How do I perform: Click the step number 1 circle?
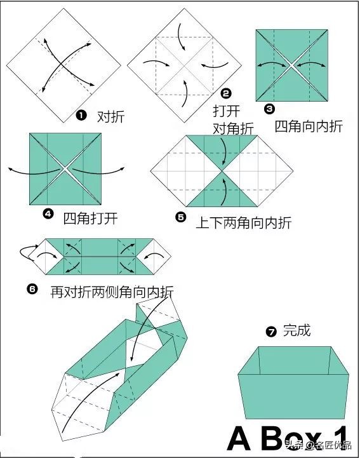click(81, 116)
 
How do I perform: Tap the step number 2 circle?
click(225, 93)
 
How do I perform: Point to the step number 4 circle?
click(48, 213)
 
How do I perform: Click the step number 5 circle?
click(181, 217)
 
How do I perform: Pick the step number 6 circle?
click(32, 289)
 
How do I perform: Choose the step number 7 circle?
click(272, 331)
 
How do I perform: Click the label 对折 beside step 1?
click(110, 116)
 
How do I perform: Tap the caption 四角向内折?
click(309, 126)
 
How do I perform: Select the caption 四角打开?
click(91, 218)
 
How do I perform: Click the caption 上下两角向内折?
click(243, 222)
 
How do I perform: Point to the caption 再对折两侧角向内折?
click(112, 292)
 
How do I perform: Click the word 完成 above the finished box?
click(297, 330)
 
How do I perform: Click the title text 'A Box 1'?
click(289, 438)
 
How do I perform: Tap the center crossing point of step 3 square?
click(291, 65)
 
